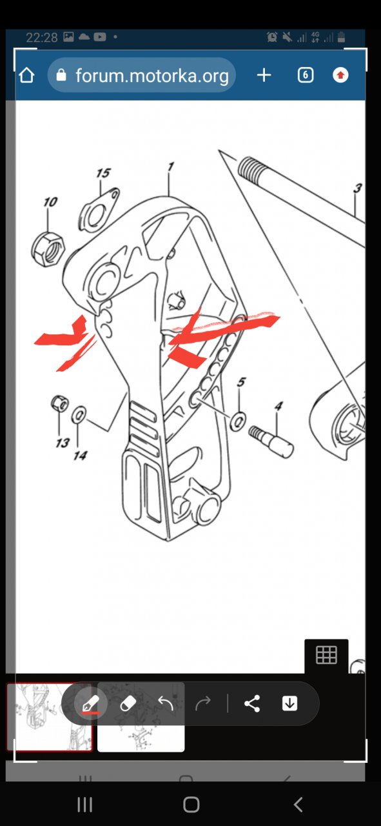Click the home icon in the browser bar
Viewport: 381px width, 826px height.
pyautogui.click(x=26, y=76)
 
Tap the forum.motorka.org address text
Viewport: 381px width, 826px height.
pyautogui.click(x=151, y=76)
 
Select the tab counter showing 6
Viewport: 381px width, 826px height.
pyautogui.click(x=306, y=76)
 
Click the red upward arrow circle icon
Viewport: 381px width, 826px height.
pyautogui.click(x=340, y=76)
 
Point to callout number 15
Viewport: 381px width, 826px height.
pyautogui.click(x=104, y=173)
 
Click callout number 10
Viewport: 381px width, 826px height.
pyautogui.click(x=50, y=202)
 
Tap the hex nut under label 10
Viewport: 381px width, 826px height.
pyautogui.click(x=48, y=249)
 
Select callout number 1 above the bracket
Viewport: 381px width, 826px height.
pyautogui.click(x=170, y=166)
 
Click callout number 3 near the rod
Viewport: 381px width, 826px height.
pyautogui.click(x=357, y=188)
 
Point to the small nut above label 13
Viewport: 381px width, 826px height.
pyautogui.click(x=59, y=403)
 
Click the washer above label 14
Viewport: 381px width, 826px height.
pyautogui.click(x=79, y=414)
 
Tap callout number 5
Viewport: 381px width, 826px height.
pyautogui.click(x=241, y=381)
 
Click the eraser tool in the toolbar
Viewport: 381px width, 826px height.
pyautogui.click(x=128, y=703)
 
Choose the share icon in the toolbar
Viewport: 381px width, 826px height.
pyautogui.click(x=252, y=703)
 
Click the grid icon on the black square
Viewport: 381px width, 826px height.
pyautogui.click(x=326, y=655)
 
